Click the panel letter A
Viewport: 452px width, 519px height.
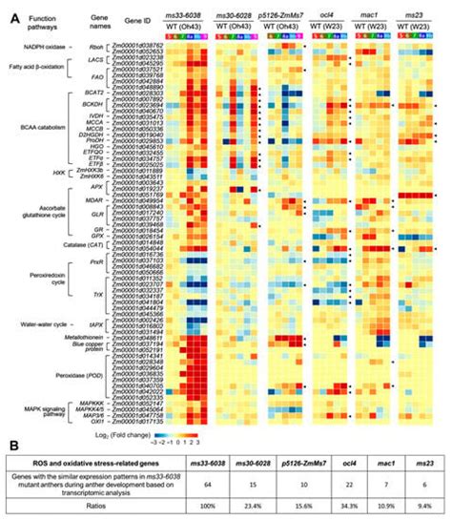click(x=9, y=8)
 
